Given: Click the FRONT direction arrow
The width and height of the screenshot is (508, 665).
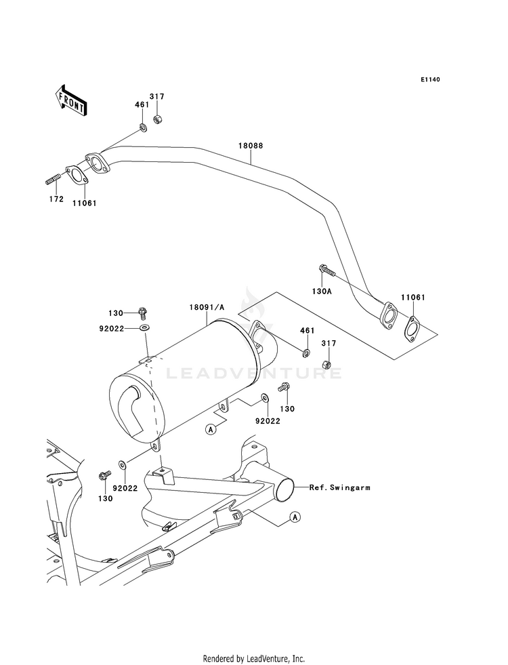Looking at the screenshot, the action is point(70,100).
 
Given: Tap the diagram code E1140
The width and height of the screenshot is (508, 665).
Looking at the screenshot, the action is point(430,79).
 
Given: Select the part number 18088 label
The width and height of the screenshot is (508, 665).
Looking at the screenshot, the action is point(251,146).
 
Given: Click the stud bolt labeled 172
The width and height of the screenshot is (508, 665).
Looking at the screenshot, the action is point(54,180).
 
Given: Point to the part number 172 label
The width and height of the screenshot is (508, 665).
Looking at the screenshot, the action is point(56,199).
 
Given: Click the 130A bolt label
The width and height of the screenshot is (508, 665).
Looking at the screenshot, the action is point(322,291).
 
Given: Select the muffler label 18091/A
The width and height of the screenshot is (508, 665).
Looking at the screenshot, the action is point(207,306).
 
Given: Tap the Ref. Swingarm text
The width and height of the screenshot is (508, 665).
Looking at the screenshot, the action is point(340,487).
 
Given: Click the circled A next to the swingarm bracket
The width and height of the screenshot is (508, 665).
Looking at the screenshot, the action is point(295,517).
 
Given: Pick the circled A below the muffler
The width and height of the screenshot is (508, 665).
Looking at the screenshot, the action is point(210,429).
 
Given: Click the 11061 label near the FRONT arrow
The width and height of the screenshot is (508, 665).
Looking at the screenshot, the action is point(84,203).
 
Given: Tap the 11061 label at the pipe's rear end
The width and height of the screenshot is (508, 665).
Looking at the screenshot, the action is point(413,298).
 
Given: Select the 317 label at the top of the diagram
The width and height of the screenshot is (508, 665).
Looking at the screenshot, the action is point(156,97).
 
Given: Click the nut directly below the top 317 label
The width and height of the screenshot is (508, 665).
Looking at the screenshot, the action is point(157,119).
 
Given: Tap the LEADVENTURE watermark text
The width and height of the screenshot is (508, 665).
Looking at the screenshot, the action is point(254,374).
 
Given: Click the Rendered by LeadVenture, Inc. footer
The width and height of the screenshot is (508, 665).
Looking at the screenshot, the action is point(254,658).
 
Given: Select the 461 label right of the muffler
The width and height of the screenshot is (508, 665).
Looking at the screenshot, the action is point(308,330).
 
